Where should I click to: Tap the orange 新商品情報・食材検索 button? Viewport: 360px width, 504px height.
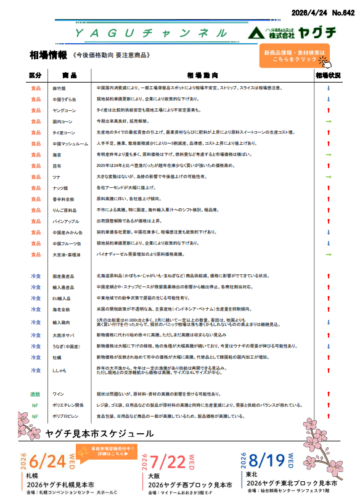click(295, 56)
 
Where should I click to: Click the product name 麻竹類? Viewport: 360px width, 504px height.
click(59, 88)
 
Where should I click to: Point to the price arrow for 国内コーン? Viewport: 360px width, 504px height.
click(329, 121)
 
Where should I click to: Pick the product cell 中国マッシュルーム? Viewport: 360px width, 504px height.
click(64, 144)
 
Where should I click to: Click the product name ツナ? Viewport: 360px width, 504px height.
click(55, 177)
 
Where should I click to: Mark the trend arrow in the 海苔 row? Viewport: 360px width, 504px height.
click(329, 155)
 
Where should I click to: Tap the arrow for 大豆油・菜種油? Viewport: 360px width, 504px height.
click(329, 254)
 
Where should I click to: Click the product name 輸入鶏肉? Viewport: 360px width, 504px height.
click(60, 322)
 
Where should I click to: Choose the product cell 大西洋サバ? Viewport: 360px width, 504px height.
click(61, 335)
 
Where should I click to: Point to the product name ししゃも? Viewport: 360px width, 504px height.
click(59, 370)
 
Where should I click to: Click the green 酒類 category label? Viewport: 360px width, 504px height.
click(35, 393)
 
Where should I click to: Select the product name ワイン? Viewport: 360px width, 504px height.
click(59, 393)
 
